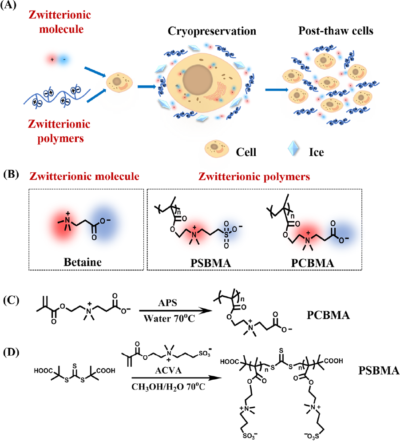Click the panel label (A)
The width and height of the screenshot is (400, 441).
[x=10, y=8]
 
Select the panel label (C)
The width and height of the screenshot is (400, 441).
[x=10, y=299]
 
